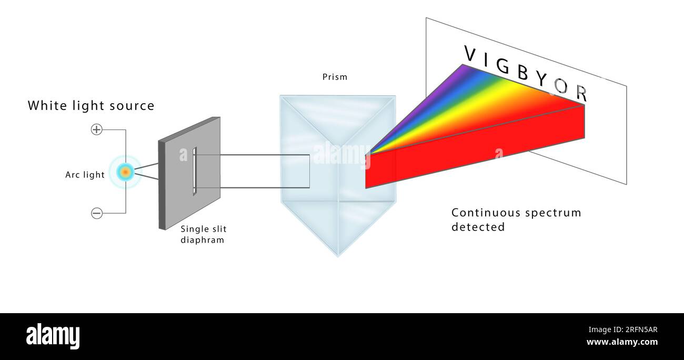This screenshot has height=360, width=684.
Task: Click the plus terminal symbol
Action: (x=97, y=129)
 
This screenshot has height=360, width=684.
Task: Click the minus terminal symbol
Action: (x=97, y=213)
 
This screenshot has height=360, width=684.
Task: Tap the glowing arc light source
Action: (x=125, y=172)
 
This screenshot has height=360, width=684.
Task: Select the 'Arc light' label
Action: (x=85, y=175)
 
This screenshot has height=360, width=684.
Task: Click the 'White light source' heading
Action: (x=91, y=106)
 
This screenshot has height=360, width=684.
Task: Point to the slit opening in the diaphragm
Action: (x=195, y=172)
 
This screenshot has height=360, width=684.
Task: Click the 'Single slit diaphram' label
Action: (x=203, y=235)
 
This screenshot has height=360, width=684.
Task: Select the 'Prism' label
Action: (x=335, y=77)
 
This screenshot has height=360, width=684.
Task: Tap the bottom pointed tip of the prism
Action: (x=338, y=255)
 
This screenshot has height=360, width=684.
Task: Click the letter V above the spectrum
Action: (x=470, y=53)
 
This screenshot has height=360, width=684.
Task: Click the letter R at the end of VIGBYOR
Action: (x=581, y=93)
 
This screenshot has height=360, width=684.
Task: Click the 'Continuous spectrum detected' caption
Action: (x=516, y=219)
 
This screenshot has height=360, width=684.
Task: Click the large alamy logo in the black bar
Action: (x=53, y=336)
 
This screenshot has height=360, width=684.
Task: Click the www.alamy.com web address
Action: (x=622, y=342)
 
